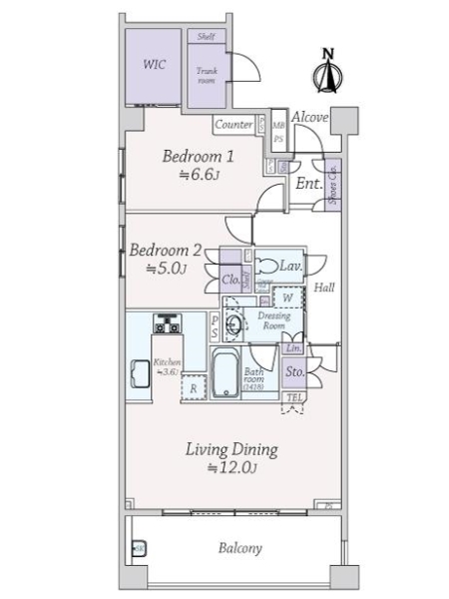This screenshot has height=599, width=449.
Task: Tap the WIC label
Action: pyautogui.click(x=154, y=65)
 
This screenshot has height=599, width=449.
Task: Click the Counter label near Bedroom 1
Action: pyautogui.click(x=233, y=125)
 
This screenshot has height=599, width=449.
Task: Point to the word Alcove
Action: pyautogui.click(x=310, y=117)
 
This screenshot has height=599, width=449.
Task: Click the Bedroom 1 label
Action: pyautogui.click(x=199, y=156)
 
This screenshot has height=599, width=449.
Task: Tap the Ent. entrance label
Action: pyautogui.click(x=308, y=184)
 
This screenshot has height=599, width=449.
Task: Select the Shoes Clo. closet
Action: pyautogui.click(x=332, y=186)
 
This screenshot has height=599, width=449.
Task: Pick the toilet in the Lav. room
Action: pyautogui.click(x=269, y=267)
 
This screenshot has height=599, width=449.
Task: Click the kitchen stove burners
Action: pyautogui.click(x=167, y=324)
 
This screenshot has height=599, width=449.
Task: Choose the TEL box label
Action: pyautogui.click(x=294, y=398)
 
